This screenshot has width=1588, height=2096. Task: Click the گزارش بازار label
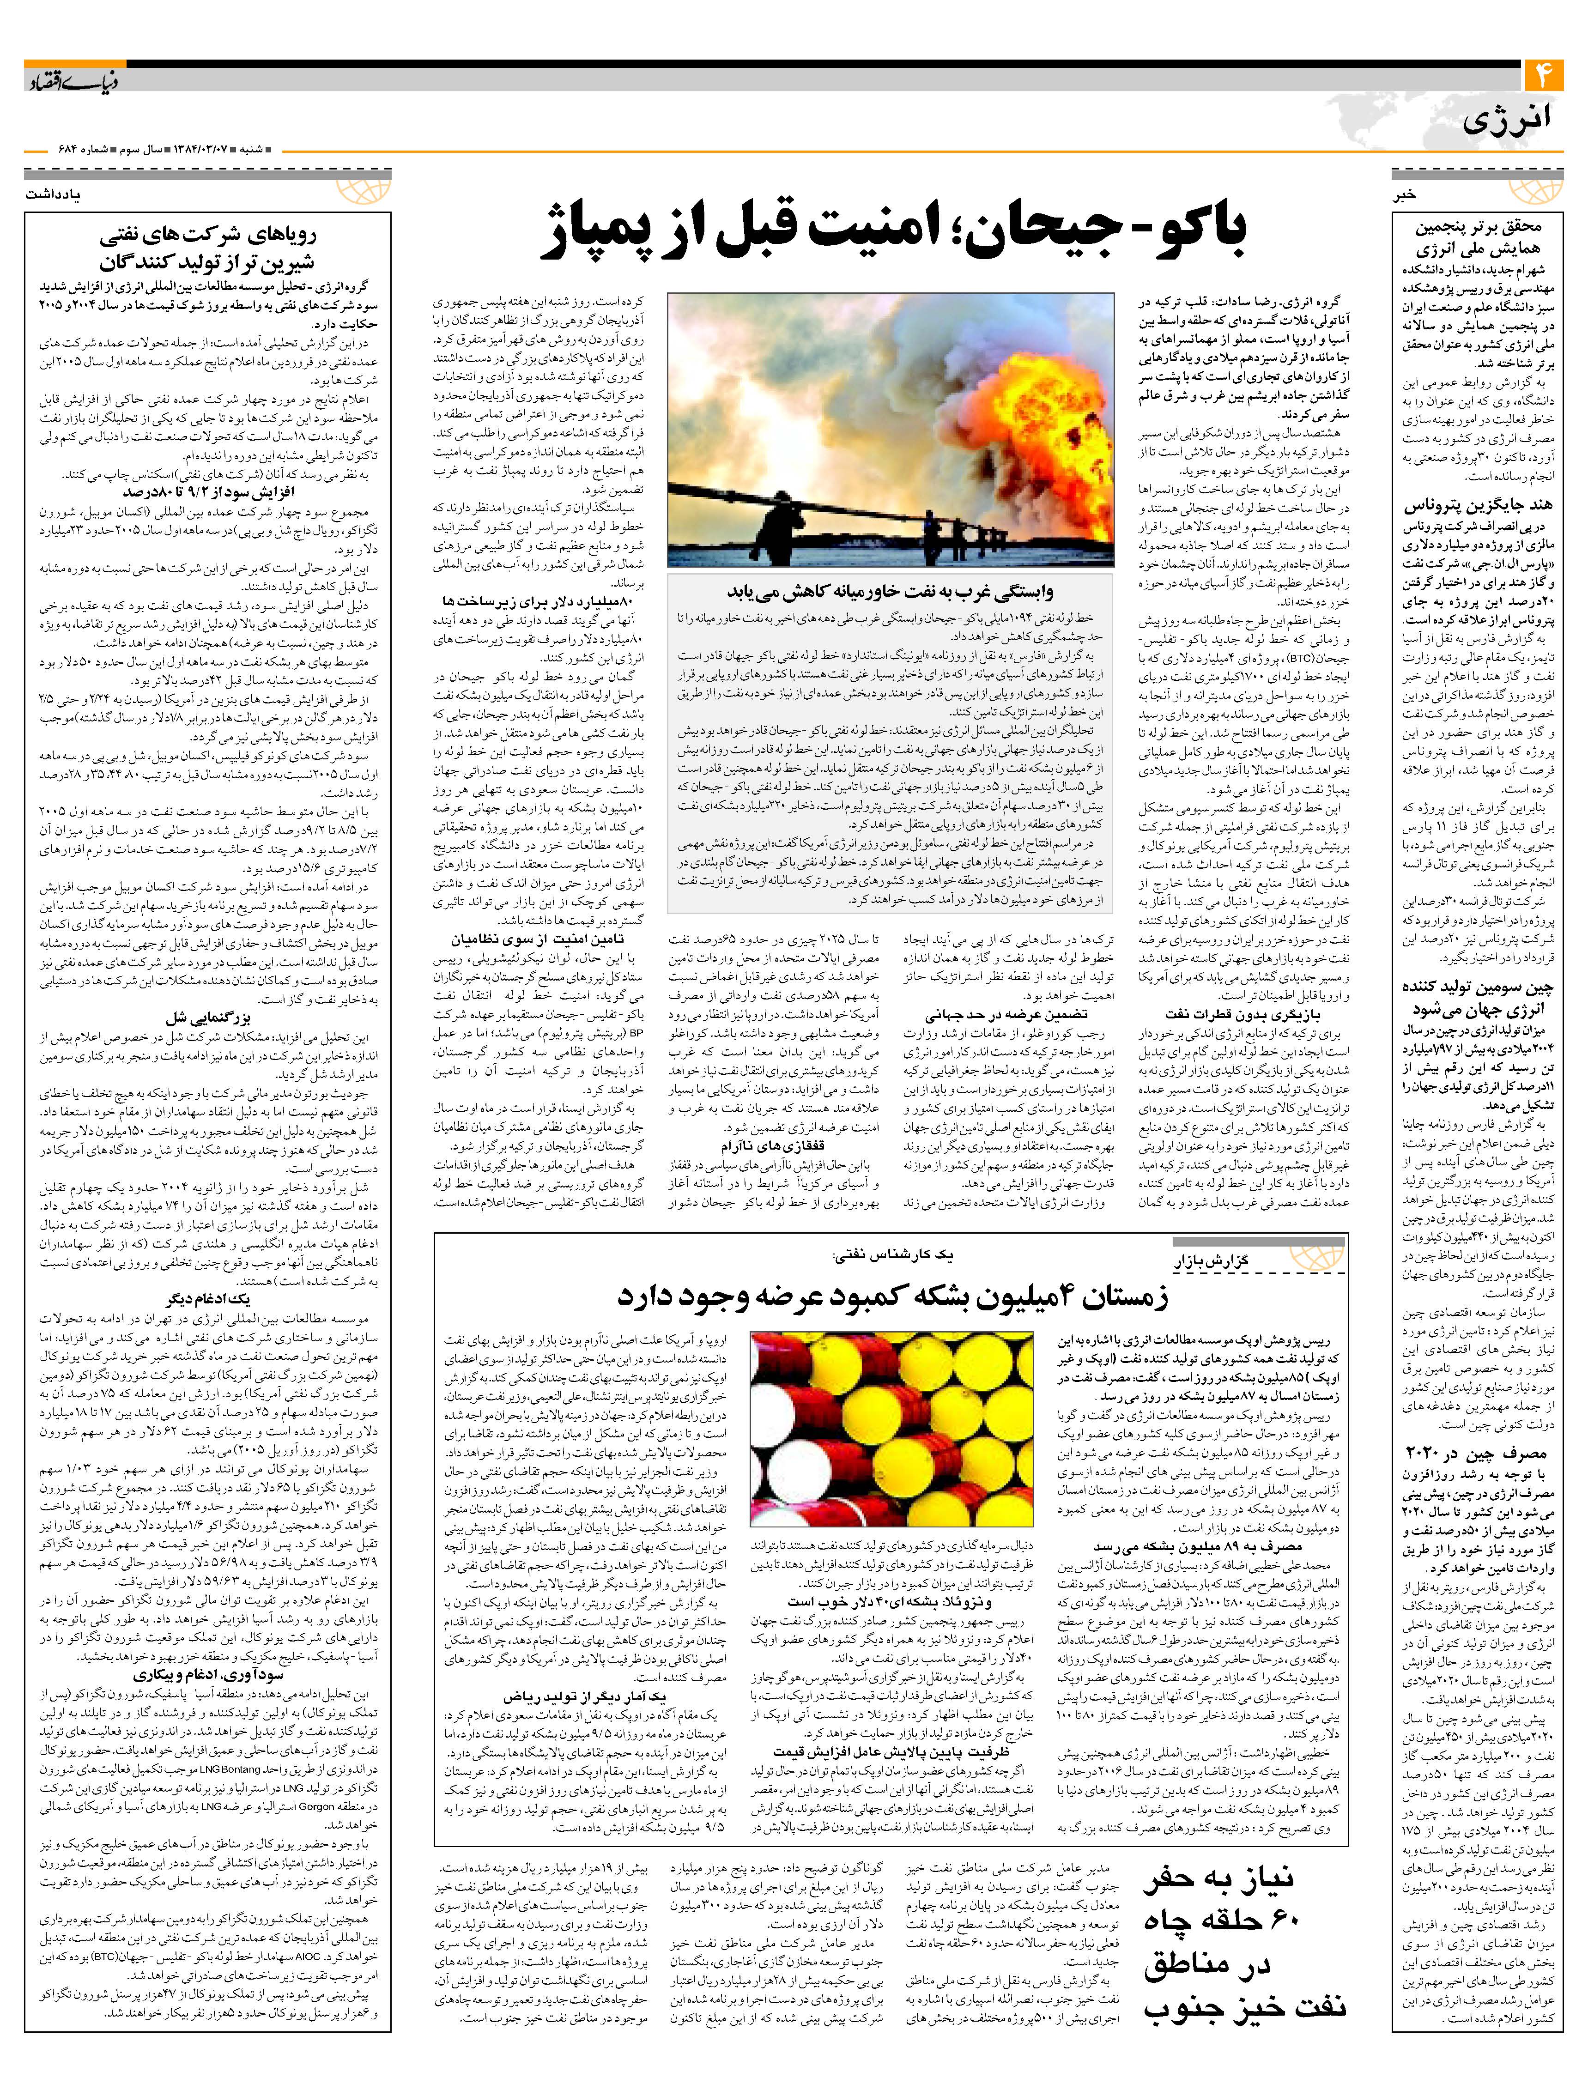tap(1218, 1261)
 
